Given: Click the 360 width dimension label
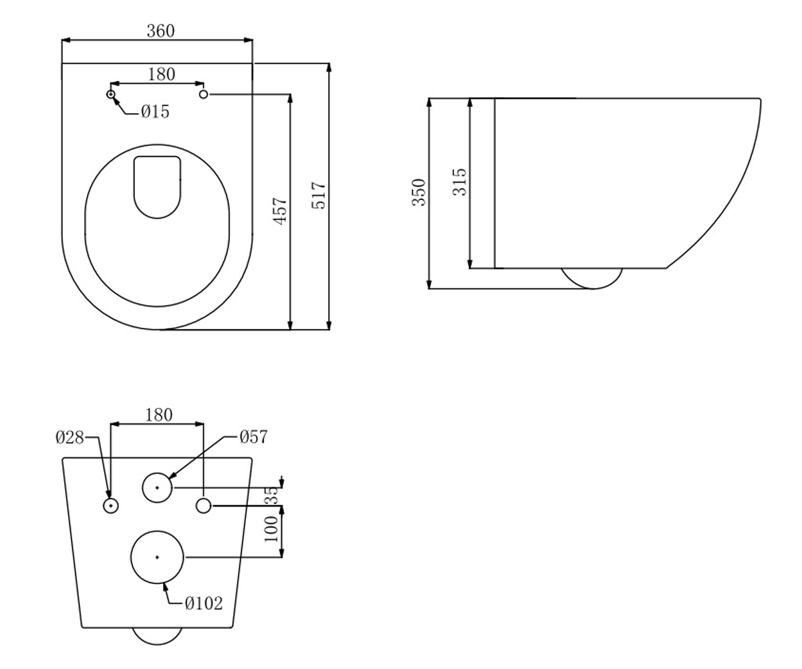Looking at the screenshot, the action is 160,31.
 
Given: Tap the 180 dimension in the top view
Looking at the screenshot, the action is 161,74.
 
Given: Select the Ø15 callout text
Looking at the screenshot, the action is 155,112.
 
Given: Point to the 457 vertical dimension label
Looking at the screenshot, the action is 280,211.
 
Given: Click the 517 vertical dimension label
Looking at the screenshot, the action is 318,195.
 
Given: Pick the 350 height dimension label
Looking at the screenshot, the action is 419,193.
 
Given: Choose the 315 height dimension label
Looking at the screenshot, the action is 460,182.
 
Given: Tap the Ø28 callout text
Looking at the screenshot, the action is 70,438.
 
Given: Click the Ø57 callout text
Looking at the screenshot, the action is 253,437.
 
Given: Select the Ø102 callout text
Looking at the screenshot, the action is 204,603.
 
